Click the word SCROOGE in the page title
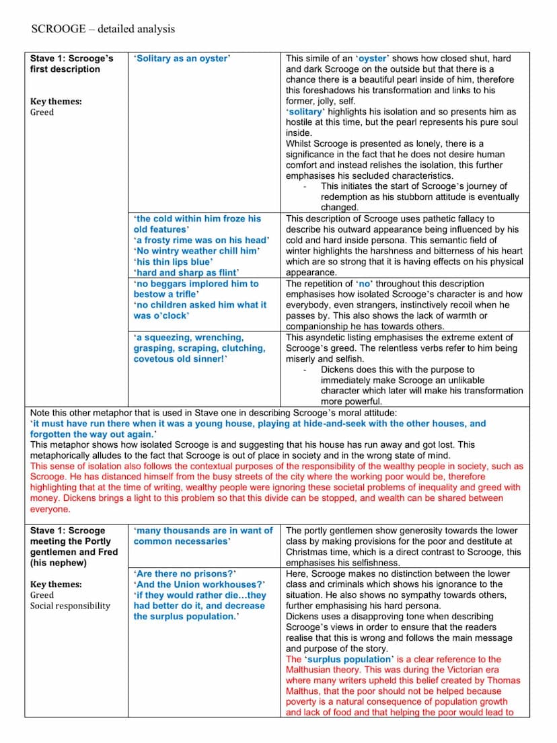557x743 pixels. (x=58, y=29)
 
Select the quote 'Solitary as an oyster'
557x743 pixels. (x=182, y=58)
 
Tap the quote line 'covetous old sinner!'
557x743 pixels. (x=180, y=358)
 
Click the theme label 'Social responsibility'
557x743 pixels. (x=70, y=606)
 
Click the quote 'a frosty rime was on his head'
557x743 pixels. (x=201, y=240)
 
